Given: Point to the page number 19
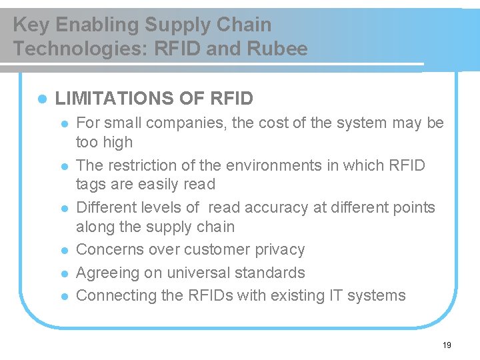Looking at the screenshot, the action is (x=447, y=345).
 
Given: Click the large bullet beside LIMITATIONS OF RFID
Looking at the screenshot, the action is (x=41, y=99).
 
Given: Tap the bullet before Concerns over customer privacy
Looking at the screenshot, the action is (x=64, y=251).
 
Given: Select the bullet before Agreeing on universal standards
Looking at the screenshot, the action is (x=64, y=273).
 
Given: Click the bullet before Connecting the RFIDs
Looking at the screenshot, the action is (x=64, y=296).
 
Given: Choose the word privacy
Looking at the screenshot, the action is (x=279, y=250).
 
